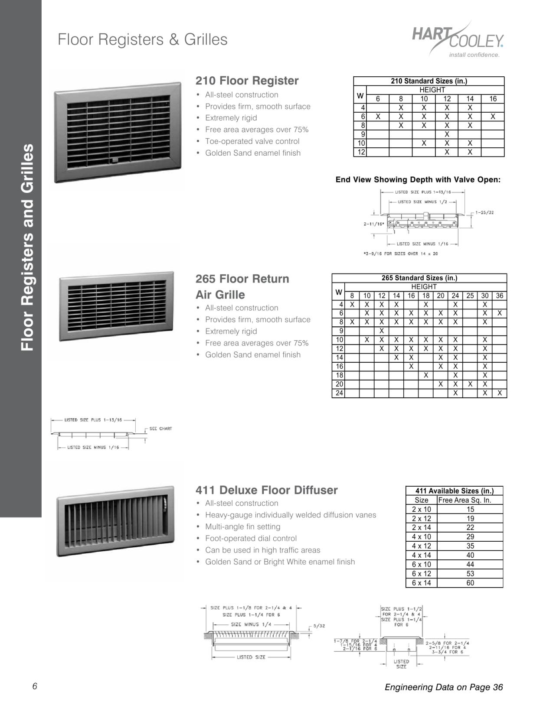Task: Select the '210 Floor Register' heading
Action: pos(247,81)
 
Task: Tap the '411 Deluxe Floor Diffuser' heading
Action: pos(266,490)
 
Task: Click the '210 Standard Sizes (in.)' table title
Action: pos(429,81)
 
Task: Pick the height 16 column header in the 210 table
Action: pos(493,99)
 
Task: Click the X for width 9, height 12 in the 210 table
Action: pos(447,134)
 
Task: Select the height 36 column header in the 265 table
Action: pos(500,296)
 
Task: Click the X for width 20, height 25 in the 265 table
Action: pos(470,384)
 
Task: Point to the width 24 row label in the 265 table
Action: pos(340,393)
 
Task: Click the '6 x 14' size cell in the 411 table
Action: pos(421,583)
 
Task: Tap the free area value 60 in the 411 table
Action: pos(470,583)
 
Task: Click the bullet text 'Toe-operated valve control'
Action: pos(252,141)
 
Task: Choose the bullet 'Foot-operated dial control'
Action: pos(251,538)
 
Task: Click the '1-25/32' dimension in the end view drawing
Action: pos(484,213)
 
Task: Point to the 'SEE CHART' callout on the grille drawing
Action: pos(160,429)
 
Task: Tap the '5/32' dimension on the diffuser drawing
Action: pos(319,626)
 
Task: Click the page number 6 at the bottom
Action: pos(35,686)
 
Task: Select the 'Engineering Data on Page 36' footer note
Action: pos(443,687)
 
